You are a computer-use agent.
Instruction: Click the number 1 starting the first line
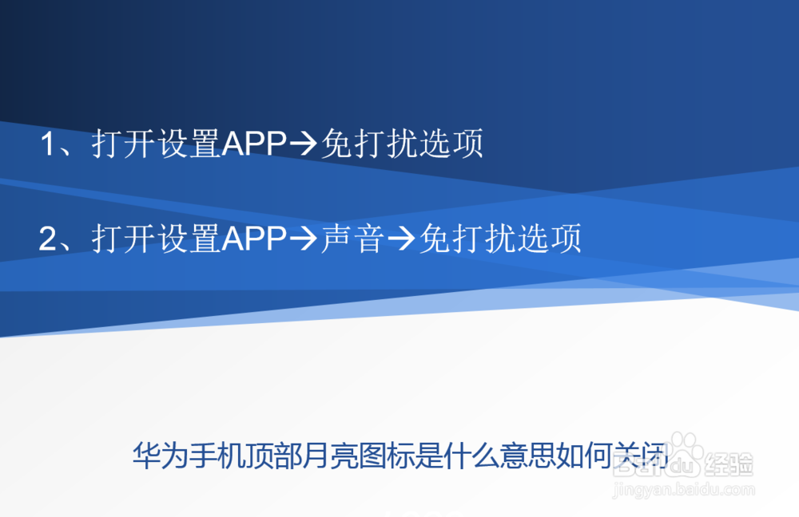tap(49, 144)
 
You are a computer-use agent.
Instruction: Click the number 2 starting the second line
tap(49, 238)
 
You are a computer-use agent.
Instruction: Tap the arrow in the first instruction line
tap(303, 144)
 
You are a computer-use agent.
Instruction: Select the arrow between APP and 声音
tap(303, 239)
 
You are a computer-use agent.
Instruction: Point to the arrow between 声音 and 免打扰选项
tap(402, 239)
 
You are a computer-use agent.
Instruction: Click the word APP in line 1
tap(254, 144)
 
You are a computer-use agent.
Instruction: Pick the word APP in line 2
tap(254, 238)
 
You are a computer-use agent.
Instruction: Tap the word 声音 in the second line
tap(352, 238)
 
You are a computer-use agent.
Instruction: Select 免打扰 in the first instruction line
tap(369, 144)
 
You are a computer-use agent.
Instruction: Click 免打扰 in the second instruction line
tap(467, 238)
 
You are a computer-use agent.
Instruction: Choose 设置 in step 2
tap(189, 238)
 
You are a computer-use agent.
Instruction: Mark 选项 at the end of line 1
tap(451, 144)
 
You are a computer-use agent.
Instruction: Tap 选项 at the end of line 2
tap(550, 238)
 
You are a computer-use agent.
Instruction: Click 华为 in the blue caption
tap(160, 455)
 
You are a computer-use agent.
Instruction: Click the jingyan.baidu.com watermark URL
tap(683, 490)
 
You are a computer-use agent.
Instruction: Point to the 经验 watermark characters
tap(729, 464)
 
